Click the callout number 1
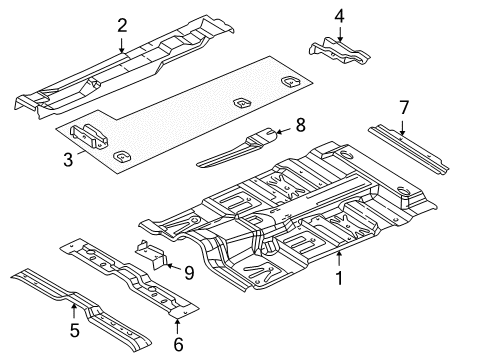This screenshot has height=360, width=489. [x=339, y=279]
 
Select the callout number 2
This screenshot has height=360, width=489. [x=122, y=25]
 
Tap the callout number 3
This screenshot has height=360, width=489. [x=66, y=158]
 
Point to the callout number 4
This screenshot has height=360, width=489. [x=339, y=16]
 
